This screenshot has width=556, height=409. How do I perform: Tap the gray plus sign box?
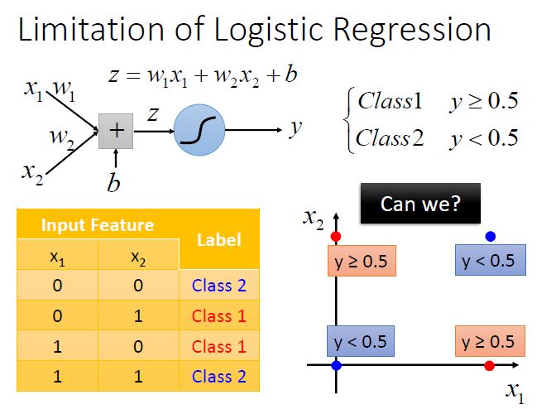coord(116,131)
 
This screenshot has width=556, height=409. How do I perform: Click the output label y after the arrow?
coord(295,129)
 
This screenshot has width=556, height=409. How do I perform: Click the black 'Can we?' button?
coord(419,203)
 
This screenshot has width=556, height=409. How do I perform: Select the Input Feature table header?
coord(98,224)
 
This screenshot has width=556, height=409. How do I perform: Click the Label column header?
coord(219,239)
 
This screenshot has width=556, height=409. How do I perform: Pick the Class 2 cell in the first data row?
coord(219,286)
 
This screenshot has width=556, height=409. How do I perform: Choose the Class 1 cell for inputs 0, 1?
coord(219,315)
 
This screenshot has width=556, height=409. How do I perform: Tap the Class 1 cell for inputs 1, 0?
coord(219,346)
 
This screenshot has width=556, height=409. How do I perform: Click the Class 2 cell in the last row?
coord(219,376)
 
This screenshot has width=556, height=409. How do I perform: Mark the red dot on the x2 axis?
coord(335,238)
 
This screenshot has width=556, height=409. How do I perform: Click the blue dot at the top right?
coord(490,237)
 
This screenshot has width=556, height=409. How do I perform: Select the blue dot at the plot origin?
coord(336,365)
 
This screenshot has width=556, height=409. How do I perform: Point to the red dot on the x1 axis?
coord(489,365)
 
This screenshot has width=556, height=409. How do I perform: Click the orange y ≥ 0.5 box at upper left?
coord(361,262)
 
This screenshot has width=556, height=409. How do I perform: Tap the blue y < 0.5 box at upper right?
coord(488,261)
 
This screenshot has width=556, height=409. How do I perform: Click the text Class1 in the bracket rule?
coord(390,101)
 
